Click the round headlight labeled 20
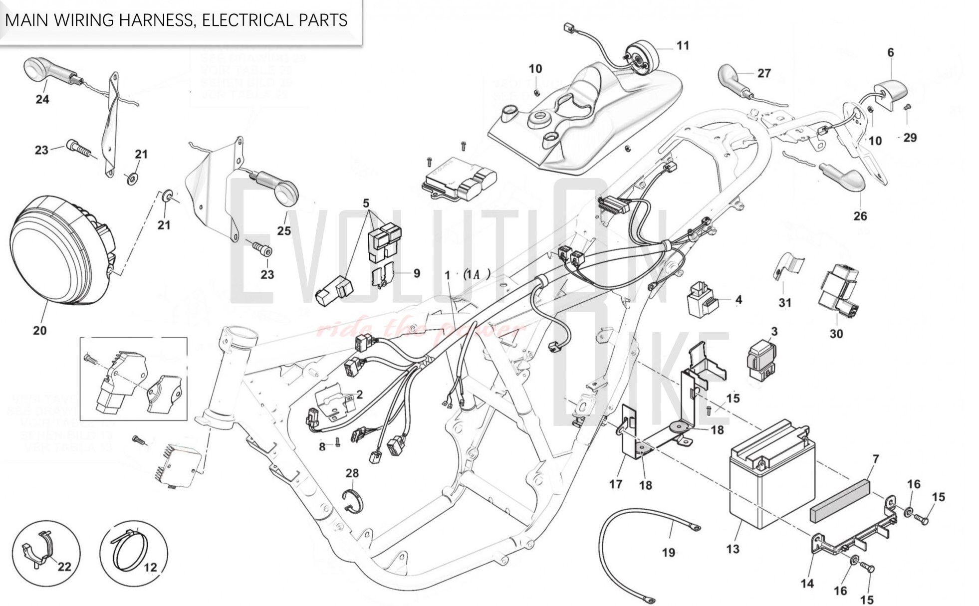(x=57, y=249)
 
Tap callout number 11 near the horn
(x=683, y=45)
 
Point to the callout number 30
(x=836, y=334)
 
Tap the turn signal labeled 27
(x=734, y=80)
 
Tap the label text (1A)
(x=477, y=274)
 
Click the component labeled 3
(x=761, y=357)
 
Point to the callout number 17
(x=616, y=483)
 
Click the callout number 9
(x=417, y=273)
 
